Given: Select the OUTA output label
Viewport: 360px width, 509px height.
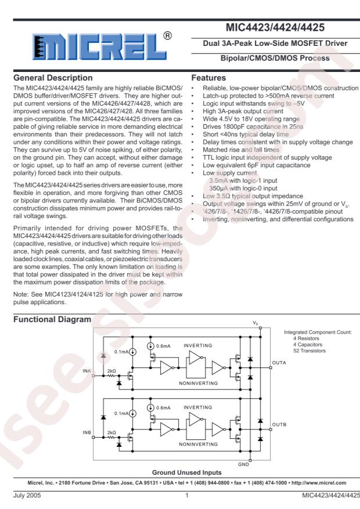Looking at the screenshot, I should tap(279, 362).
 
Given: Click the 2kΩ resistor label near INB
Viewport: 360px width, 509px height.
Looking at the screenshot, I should tap(112, 432).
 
